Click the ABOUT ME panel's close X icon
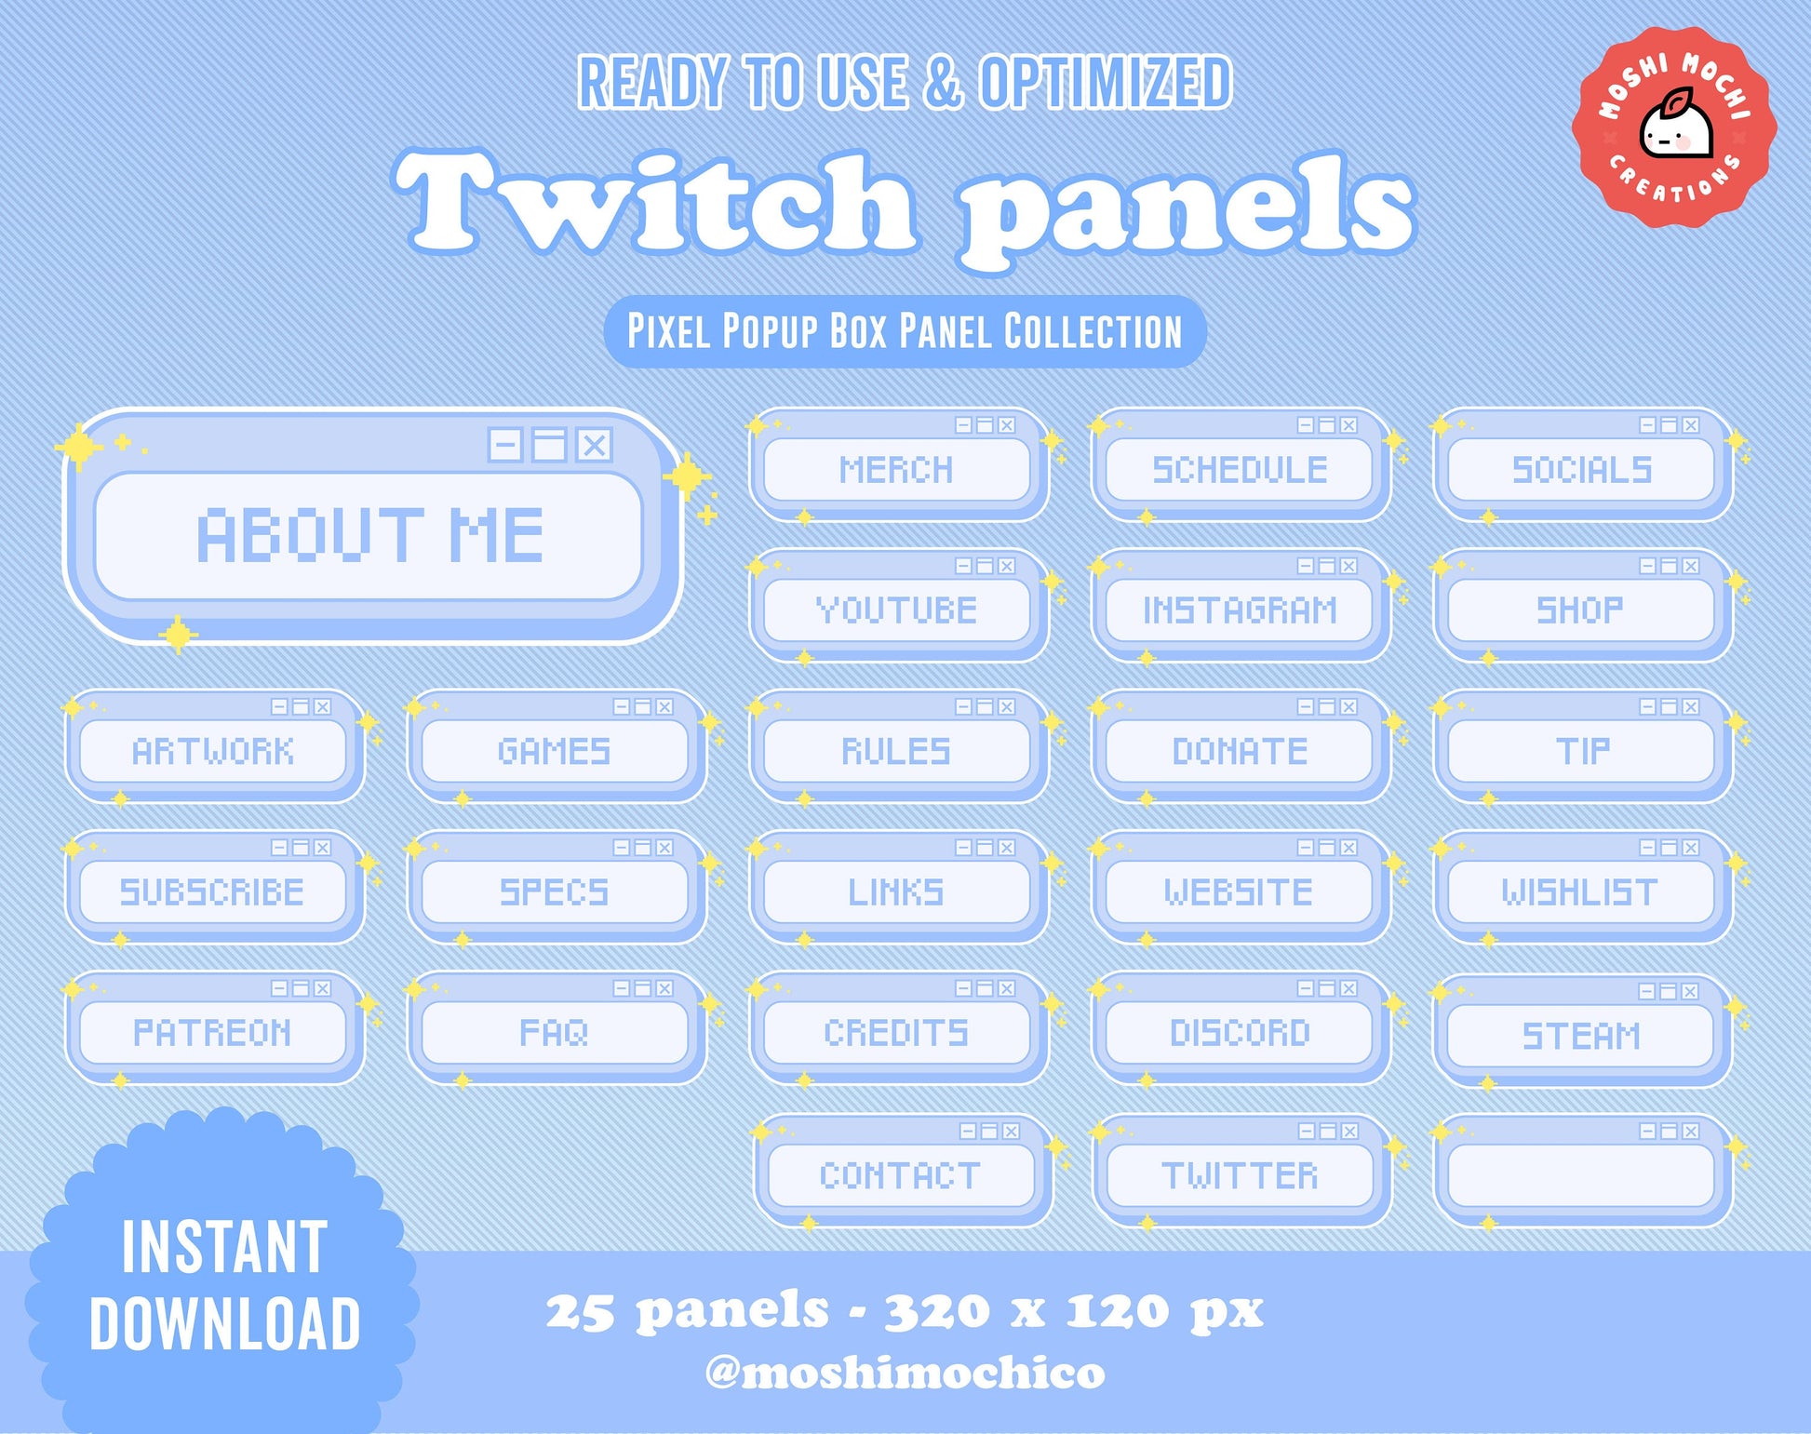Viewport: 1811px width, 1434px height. coord(594,445)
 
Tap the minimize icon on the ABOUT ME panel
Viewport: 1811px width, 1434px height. coord(505,445)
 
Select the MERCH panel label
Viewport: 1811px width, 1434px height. coord(896,470)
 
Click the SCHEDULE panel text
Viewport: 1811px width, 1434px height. coord(1240,470)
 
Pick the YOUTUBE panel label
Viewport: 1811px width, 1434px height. coord(896,610)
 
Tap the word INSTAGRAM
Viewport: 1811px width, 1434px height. coord(1240,610)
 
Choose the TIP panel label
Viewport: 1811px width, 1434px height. coord(1582,751)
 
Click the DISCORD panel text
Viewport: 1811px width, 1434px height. coord(1240,1033)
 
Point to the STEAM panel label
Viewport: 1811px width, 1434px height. coord(1581,1036)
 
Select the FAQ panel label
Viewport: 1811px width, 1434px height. coord(554,1033)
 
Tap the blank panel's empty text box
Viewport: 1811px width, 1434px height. coord(1581,1175)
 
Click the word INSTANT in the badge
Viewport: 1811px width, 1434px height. coord(224,1247)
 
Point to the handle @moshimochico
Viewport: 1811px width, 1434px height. coord(905,1374)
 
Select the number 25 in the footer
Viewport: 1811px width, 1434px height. coord(580,1312)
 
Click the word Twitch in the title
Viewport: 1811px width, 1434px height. coord(655,202)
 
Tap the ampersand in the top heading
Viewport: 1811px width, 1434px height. coord(943,82)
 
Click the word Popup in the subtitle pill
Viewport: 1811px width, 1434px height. coord(770,331)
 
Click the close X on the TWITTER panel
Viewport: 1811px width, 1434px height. coord(1350,1132)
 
